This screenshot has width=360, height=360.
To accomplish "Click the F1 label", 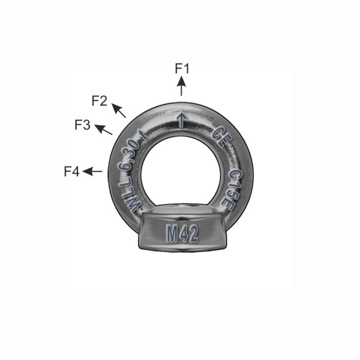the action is pos(182,68).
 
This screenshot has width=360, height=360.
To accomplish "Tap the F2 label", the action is pos(100,101).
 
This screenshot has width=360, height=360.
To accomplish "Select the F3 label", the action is pos(82,125).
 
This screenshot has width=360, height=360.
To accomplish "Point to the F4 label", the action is pos(71,172).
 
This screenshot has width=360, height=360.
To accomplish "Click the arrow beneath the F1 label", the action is pos(181,86).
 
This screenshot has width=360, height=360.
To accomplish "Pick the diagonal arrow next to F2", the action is pos(119,110).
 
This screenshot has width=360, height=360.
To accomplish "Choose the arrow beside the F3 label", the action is pos(103,130).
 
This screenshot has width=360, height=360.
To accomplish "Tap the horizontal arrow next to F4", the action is pos(92,171).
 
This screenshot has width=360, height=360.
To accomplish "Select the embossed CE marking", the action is pos(222,137).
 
